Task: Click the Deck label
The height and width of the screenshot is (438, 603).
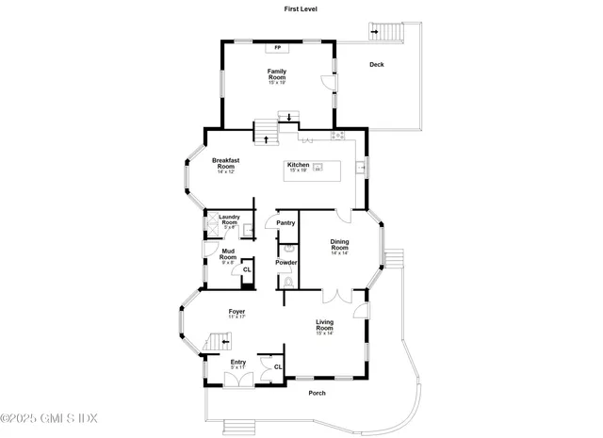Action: (377, 65)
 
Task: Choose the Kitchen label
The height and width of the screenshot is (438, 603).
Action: (298, 166)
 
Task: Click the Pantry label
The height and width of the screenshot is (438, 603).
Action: (285, 223)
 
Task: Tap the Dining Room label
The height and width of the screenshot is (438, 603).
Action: (340, 245)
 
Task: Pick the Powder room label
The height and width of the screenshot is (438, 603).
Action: (286, 262)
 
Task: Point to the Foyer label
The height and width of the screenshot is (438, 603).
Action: (236, 312)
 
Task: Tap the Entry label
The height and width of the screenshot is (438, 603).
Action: (238, 362)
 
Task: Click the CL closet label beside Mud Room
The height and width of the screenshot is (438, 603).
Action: (247, 270)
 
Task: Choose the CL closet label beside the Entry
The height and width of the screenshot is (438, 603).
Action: (278, 365)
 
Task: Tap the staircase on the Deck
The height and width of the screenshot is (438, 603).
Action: (389, 31)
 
